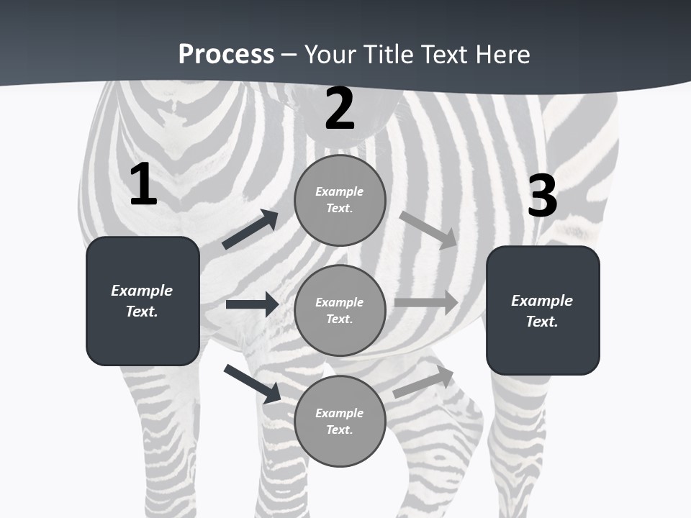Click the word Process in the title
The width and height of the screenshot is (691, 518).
(x=226, y=55)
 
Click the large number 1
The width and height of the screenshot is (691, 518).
(x=143, y=184)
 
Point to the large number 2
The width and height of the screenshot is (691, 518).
(x=340, y=109)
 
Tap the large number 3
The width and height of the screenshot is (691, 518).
(x=542, y=196)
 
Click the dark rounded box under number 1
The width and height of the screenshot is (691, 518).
(x=143, y=301)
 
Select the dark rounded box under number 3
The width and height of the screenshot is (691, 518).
(x=543, y=310)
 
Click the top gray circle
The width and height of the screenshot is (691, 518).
(x=340, y=200)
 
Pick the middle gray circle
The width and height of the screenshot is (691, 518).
(x=340, y=310)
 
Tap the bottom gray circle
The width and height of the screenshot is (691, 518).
(x=340, y=421)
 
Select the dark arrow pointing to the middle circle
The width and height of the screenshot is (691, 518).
(x=252, y=304)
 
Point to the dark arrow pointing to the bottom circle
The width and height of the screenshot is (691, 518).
(x=252, y=383)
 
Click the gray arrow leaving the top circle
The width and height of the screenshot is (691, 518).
(x=428, y=230)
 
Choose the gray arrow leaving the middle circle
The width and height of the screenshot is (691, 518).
(x=426, y=302)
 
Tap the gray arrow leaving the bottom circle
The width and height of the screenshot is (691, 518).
(x=423, y=381)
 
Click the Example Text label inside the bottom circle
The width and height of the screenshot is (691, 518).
(x=340, y=421)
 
